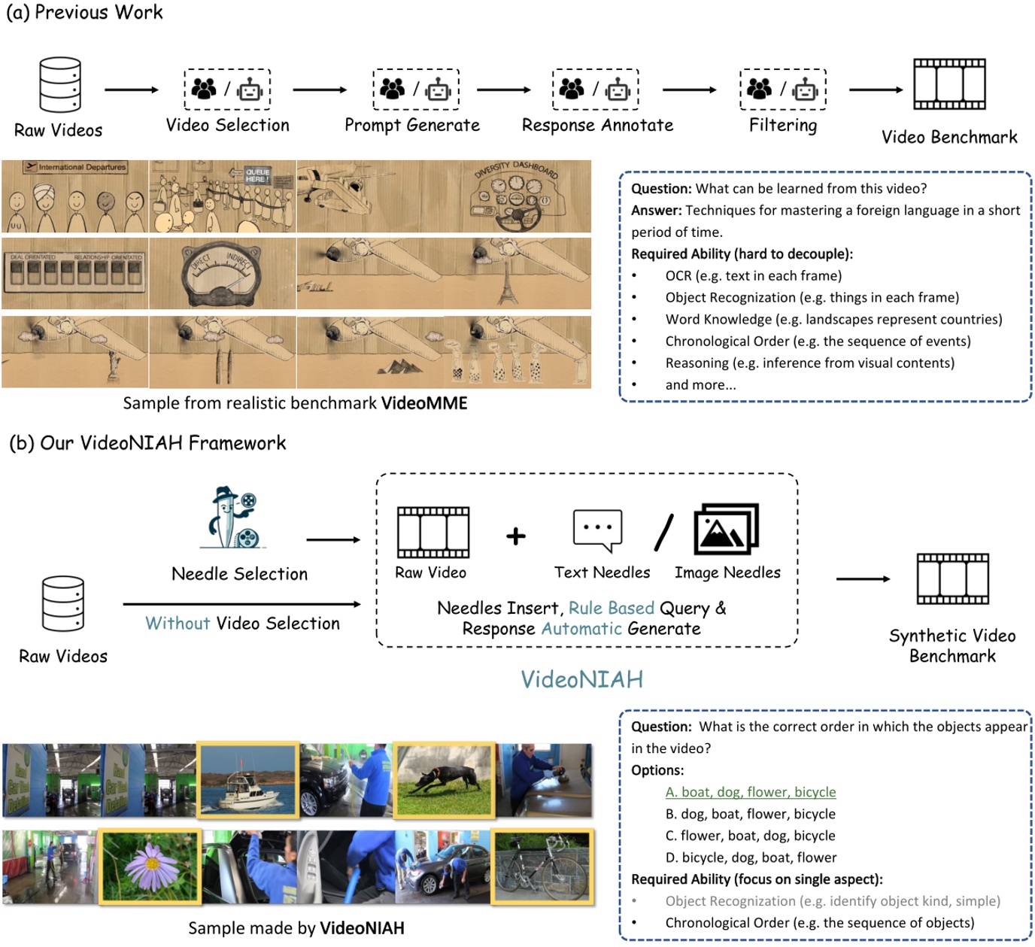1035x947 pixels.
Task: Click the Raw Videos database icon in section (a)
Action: [x=60, y=84]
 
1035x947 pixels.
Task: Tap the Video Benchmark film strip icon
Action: [x=949, y=84]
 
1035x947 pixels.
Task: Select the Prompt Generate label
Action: [x=411, y=126]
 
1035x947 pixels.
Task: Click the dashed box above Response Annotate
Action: [x=595, y=90]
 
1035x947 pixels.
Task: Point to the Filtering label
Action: [x=782, y=126]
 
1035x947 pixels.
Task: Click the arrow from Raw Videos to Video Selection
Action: [x=132, y=90]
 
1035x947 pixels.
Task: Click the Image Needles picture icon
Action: [x=726, y=529]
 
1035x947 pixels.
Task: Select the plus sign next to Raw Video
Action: [x=516, y=536]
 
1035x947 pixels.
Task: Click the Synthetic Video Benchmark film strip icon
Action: [x=952, y=579]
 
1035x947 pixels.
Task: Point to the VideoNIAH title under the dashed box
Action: [x=581, y=680]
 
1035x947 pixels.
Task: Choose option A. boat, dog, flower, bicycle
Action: [x=750, y=792]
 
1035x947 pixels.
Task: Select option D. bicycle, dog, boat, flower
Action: [x=750, y=857]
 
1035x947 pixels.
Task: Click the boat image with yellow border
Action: [x=247, y=779]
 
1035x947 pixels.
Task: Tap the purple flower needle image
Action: [x=150, y=866]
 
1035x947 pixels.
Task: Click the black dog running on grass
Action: [x=445, y=779]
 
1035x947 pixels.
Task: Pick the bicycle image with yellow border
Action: [x=542, y=866]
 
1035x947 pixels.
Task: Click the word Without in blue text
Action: [x=178, y=624]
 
